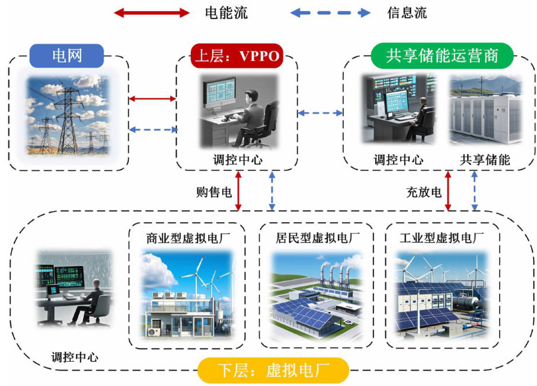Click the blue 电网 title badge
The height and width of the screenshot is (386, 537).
[67, 57]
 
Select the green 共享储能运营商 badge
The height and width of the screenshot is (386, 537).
[441, 57]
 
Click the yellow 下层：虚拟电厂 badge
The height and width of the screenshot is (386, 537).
[273, 372]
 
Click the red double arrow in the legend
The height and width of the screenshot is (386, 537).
[151, 12]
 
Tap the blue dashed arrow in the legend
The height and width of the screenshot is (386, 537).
[330, 12]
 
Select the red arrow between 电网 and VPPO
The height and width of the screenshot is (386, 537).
[153, 98]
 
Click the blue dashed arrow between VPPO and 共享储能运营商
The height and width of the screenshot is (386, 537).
[320, 112]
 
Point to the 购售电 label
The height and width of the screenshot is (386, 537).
[213, 192]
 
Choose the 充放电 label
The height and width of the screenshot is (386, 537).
[424, 192]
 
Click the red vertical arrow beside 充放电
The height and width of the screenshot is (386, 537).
[448, 190]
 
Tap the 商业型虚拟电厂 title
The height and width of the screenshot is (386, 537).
[188, 238]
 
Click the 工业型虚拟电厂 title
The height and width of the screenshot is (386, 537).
[442, 238]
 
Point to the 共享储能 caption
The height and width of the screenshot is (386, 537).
[485, 159]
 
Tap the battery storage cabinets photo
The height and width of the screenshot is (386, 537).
[485, 111]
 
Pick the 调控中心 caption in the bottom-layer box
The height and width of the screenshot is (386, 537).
[75, 357]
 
